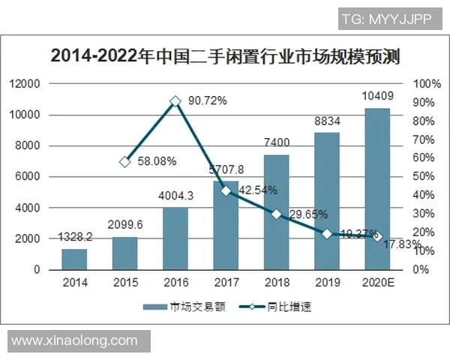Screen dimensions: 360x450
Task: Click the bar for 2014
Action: (74, 259)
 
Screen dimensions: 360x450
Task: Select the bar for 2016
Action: (175, 238)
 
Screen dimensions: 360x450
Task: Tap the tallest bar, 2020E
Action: (376, 189)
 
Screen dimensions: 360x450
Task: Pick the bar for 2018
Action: (276, 212)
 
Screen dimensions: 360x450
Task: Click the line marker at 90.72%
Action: (175, 100)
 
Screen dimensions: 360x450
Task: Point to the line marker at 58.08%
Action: (125, 161)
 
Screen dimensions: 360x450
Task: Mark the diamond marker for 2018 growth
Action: (276, 214)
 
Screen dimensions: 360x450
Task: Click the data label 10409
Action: (376, 96)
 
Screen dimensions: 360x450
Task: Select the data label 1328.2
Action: (74, 236)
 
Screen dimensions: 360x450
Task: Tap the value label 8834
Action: (326, 120)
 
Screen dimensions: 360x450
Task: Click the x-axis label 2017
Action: (226, 283)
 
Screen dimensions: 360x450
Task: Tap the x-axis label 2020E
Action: (376, 283)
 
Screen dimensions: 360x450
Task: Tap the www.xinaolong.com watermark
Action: (75, 340)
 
